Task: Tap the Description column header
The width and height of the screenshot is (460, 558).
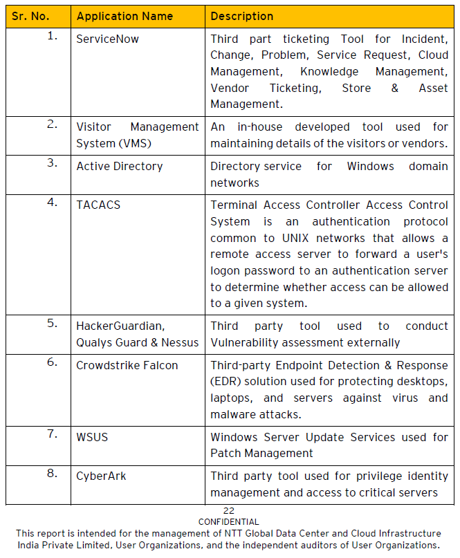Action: pos(241,16)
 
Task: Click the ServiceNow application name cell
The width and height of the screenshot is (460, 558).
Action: pos(107,39)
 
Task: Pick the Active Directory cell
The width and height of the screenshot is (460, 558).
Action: pos(120,166)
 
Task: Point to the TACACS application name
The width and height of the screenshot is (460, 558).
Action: pos(96,205)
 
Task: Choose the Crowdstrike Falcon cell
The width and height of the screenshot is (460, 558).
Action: pos(127,365)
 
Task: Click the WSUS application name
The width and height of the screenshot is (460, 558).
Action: pos(92,437)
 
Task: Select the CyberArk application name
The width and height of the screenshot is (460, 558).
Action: pos(101,476)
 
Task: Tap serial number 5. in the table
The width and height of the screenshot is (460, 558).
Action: pos(53,323)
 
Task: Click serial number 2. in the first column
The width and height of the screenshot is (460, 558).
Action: pos(53,124)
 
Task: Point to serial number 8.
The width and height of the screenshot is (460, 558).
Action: pos(53,474)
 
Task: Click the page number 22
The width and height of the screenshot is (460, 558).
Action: pos(228,511)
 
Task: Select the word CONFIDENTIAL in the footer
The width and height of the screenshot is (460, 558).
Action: pos(228,522)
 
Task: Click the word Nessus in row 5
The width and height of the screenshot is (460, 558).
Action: pos(181,342)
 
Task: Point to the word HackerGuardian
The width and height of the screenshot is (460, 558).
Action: pos(120,326)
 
